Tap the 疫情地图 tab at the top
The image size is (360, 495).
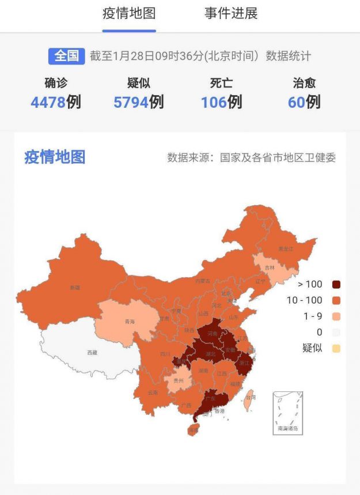129,14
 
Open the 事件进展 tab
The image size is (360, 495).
231,14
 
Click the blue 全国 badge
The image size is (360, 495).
66,56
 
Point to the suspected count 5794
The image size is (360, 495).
131,103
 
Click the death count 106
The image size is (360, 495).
214,103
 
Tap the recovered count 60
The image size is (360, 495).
296,103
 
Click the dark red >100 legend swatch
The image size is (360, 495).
336,284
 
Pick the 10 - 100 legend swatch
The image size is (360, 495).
336,300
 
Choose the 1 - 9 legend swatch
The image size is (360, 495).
336,316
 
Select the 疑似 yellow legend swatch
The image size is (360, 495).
336,348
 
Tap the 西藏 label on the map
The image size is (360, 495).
92,353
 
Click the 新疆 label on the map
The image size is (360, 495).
75,287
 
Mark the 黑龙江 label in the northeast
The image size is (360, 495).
286,249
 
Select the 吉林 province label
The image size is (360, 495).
270,268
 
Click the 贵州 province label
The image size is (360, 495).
179,381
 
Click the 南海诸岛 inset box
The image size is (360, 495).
287,413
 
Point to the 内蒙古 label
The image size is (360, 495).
203,281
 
